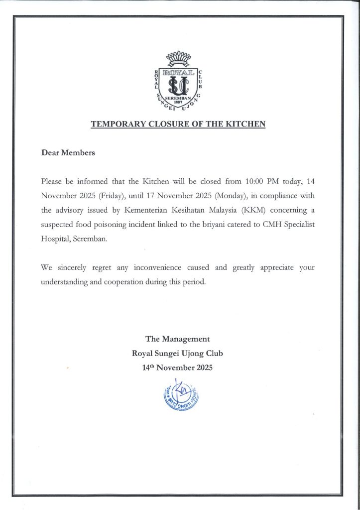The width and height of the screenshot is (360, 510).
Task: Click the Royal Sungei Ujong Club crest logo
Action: [x=179, y=83]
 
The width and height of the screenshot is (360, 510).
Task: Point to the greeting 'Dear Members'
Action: [x=68, y=153]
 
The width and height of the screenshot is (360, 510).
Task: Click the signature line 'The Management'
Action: [x=177, y=339]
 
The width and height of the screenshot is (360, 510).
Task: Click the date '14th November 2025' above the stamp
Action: [x=177, y=369]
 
